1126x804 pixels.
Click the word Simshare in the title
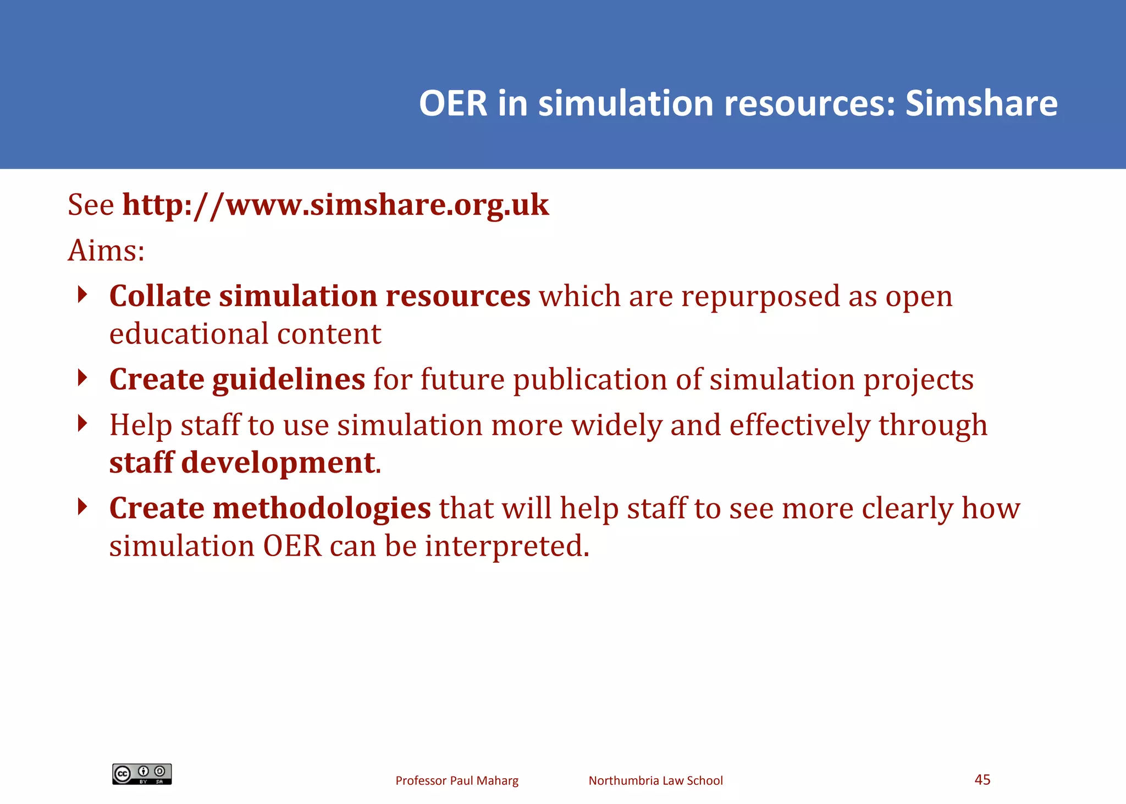[981, 103]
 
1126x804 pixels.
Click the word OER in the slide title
[453, 103]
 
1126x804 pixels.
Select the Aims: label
[106, 251]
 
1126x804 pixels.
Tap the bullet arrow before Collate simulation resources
[82, 295]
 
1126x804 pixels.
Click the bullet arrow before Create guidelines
[82, 378]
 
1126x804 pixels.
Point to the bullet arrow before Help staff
[82, 423]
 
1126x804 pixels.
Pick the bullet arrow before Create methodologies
[82, 506]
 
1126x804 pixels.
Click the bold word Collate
[160, 296]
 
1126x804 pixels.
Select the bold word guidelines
[289, 380]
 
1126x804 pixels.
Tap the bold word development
[278, 463]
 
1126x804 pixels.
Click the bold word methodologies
[322, 508]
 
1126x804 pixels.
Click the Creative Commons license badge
[142, 774]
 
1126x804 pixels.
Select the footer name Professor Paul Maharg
[457, 780]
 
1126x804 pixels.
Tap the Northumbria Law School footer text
[655, 780]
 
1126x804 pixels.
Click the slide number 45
[982, 779]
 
